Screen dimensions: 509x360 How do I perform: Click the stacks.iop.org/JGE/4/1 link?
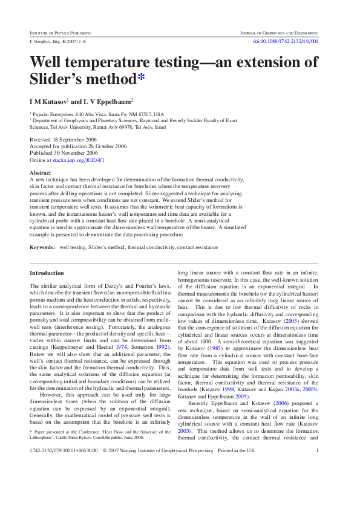point(87,160)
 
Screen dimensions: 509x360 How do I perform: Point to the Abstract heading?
point(40,173)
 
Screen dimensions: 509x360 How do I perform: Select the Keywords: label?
point(42,248)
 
